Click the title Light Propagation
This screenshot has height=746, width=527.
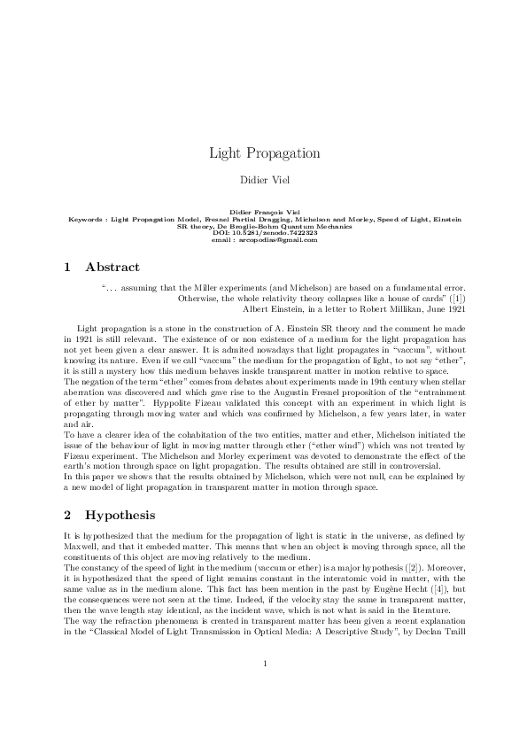click(x=264, y=153)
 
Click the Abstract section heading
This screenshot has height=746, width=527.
click(x=112, y=266)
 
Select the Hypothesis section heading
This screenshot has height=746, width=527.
click(x=120, y=515)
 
